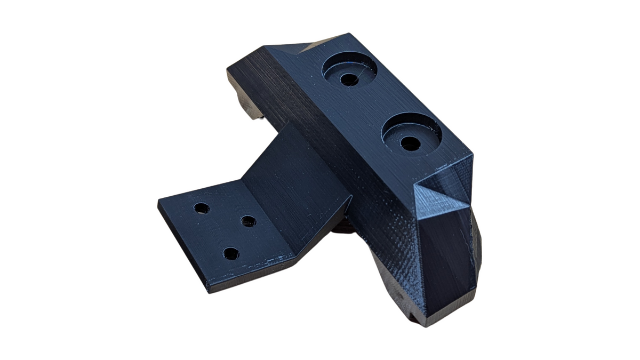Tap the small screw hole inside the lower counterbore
click(x=410, y=143)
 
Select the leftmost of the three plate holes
click(x=201, y=208)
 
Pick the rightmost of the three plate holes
click(x=248, y=221)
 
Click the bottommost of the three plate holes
click(x=230, y=253)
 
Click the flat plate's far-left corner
click(x=159, y=203)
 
